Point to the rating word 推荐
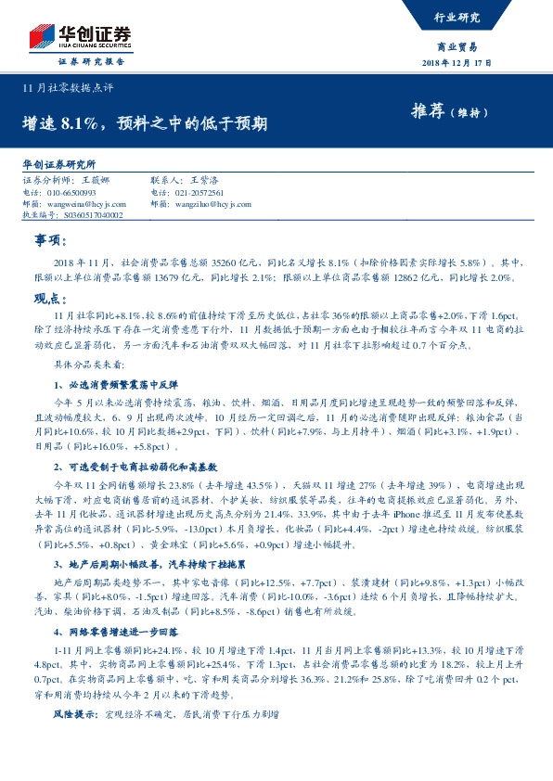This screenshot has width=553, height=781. pos(428,112)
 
